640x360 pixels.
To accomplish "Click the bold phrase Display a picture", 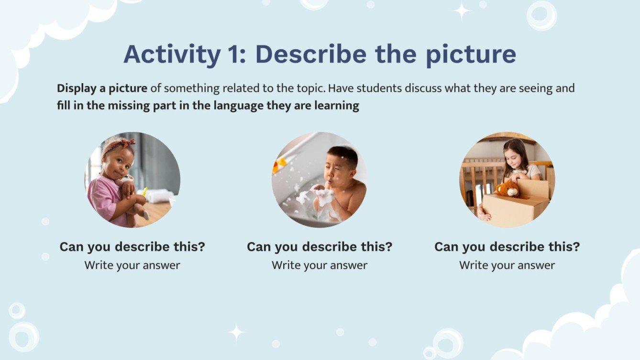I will (x=102, y=88).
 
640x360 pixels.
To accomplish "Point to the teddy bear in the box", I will (x=508, y=188).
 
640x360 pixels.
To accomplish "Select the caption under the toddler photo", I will (x=132, y=247).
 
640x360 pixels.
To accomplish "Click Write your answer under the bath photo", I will (x=320, y=265).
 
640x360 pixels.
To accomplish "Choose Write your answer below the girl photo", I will (x=507, y=265).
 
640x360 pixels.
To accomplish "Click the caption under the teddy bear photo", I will (x=507, y=247).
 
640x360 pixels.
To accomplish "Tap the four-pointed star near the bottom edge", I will (x=236, y=332).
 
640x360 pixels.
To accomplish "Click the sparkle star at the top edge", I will (x=462, y=11).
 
